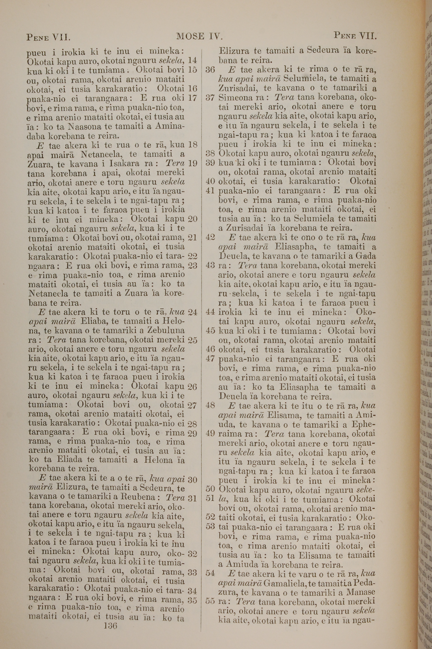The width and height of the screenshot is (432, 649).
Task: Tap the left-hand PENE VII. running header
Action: (x=49, y=37)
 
